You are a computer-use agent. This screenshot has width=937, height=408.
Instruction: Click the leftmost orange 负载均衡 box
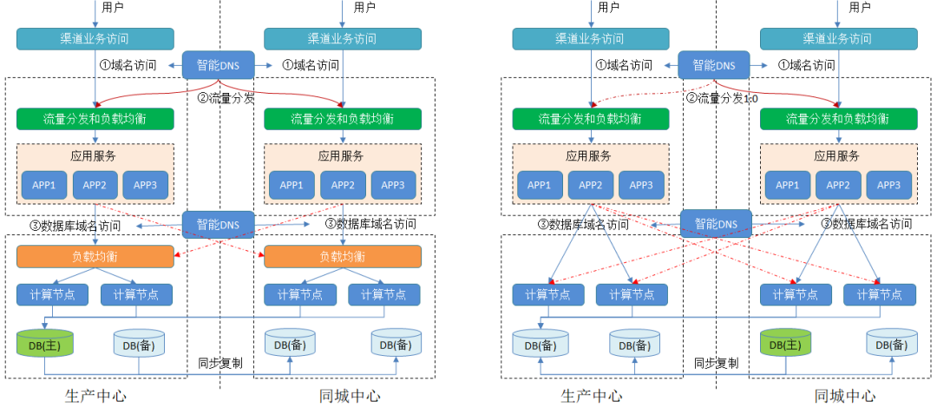coord(95,257)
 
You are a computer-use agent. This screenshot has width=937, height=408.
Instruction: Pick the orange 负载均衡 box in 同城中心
coord(343,257)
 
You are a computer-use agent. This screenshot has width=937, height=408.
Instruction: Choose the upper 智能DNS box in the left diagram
coord(219,65)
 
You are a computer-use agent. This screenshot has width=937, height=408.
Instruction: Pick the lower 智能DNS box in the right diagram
coord(715,224)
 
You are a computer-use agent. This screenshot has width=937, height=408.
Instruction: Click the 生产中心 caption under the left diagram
coord(95,396)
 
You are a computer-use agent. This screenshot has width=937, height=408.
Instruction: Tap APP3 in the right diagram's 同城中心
coord(889,185)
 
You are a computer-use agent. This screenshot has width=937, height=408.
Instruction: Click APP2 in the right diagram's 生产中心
coord(591,185)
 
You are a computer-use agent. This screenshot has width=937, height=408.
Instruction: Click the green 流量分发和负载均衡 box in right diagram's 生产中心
coord(591,119)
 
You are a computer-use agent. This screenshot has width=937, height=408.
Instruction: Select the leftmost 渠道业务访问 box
coord(95,39)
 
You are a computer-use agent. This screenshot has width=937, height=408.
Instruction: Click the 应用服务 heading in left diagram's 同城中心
coord(343,156)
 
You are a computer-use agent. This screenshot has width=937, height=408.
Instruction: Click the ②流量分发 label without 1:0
coord(227,98)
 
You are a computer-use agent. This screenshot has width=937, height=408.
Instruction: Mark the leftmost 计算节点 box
coord(52,294)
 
